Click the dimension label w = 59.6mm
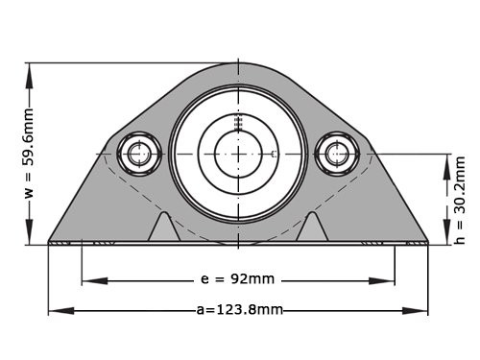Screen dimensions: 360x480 [x=29, y=152]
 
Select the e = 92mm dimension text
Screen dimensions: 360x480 [x=237, y=279]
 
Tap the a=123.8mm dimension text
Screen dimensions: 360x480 [x=238, y=309]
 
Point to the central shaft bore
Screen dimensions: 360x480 [x=237, y=153]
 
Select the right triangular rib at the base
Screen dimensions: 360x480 [x=312, y=228]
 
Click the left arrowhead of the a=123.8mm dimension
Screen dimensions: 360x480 [x=55, y=310]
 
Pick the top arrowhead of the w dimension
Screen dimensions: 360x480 [x=30, y=70]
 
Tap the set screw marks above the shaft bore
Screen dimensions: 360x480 [x=237, y=121]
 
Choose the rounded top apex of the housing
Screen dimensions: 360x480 [x=237, y=65]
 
